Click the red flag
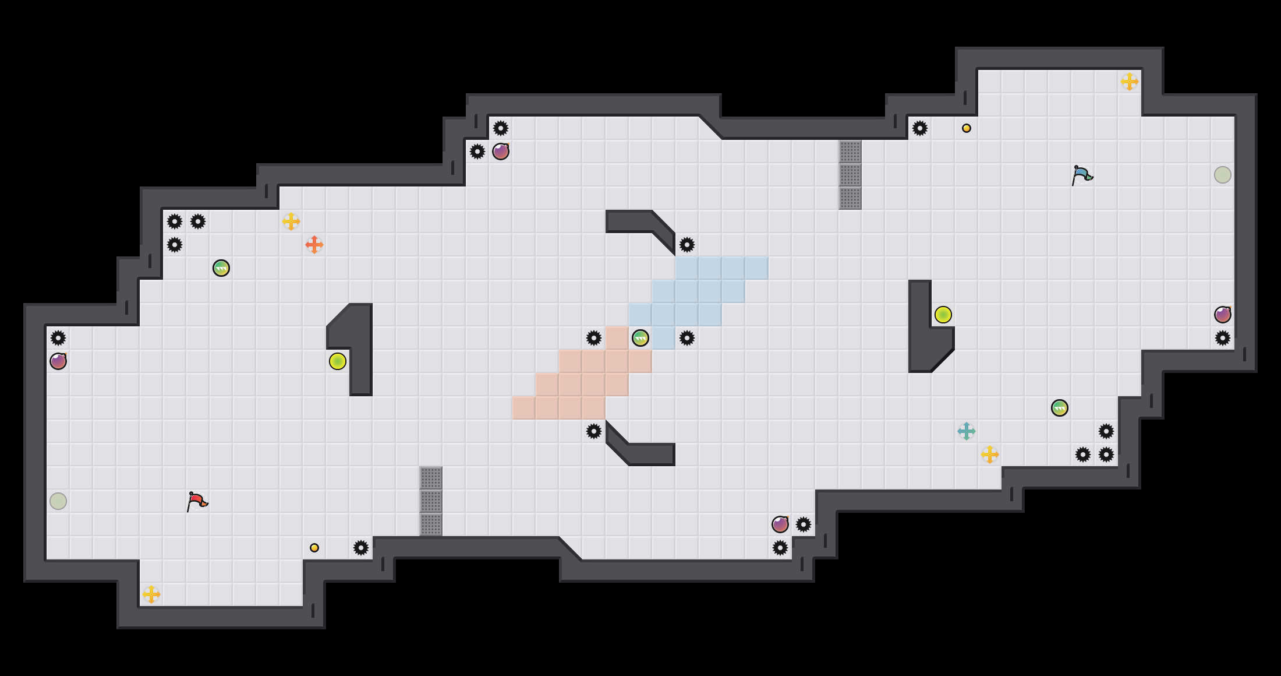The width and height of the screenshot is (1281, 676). click(x=197, y=501)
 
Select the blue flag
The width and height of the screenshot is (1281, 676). click(x=1082, y=175)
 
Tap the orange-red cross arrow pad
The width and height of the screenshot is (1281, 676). click(x=314, y=245)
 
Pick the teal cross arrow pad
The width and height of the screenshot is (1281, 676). click(x=967, y=431)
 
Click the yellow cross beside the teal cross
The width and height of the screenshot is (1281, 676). click(x=990, y=455)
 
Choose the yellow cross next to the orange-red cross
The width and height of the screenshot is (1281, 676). click(x=291, y=221)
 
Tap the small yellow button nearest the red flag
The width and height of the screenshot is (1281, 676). click(x=314, y=548)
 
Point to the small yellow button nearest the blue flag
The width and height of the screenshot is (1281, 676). click(x=967, y=128)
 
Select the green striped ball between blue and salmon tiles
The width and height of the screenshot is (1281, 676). click(x=640, y=338)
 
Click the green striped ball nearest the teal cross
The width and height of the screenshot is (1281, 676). click(x=1060, y=408)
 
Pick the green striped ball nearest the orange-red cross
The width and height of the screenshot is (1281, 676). click(x=221, y=268)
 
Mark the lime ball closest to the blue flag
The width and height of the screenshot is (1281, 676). click(x=943, y=315)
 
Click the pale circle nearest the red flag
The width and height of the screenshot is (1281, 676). click(x=58, y=501)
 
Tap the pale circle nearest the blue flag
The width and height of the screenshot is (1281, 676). click(x=1223, y=175)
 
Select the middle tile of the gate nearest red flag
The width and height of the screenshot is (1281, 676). click(x=431, y=501)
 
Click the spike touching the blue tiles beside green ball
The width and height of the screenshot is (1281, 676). click(x=687, y=338)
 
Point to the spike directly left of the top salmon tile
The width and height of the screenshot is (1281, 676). click(x=594, y=338)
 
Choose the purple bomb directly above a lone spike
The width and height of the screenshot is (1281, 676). click(x=1223, y=315)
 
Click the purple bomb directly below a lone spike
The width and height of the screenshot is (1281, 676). click(x=58, y=361)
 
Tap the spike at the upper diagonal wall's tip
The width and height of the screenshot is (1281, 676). click(x=687, y=245)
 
